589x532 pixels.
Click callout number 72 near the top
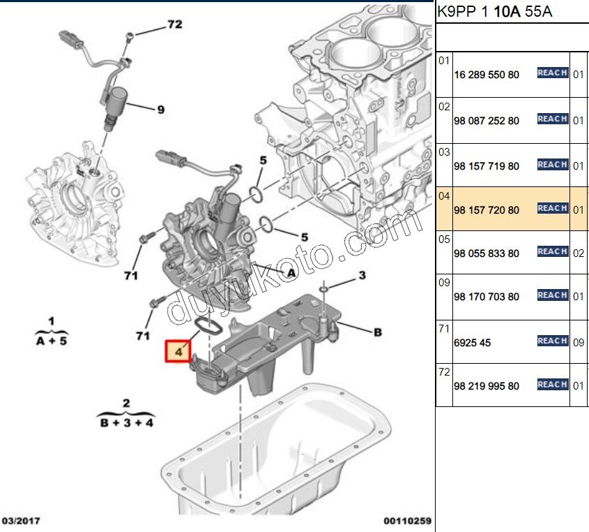[174, 24]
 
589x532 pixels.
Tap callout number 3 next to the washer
[362, 276]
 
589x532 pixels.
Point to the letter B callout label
[378, 333]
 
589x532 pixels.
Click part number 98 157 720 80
[486, 209]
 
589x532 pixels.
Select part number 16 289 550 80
[486, 74]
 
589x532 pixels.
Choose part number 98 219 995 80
[486, 386]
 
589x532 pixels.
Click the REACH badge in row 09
[552, 295]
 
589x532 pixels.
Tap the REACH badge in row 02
[552, 119]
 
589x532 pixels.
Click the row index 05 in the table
[444, 239]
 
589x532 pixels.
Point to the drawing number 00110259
[407, 521]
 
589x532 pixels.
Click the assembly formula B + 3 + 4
[126, 423]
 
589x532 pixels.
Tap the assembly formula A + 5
[52, 340]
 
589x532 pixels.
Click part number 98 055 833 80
[486, 253]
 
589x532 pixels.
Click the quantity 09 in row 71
[578, 343]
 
